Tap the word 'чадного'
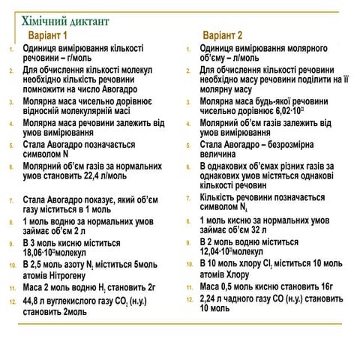245,298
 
